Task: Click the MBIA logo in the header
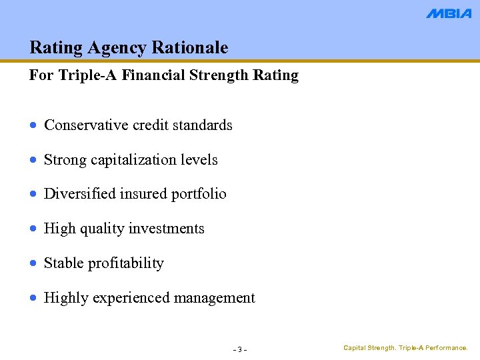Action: tap(449, 13)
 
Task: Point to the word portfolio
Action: tap(199, 194)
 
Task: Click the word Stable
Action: tap(63, 263)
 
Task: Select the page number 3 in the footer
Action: tap(240, 350)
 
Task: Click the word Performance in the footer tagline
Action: tap(447, 348)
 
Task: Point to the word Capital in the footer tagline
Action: tap(355, 348)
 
